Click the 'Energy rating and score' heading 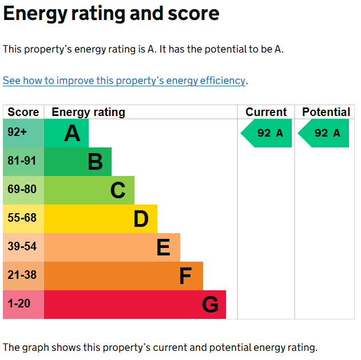[111, 14]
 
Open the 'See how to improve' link [124, 81]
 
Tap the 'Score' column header [23, 112]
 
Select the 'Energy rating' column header [88, 113]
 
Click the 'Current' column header [266, 112]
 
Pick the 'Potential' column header [326, 112]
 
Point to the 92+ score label [17, 132]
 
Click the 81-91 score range [22, 161]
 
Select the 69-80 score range [22, 189]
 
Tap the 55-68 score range [22, 218]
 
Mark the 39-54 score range [22, 246]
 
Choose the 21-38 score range [22, 275]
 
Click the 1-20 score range [19, 303]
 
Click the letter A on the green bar [72, 133]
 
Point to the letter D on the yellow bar [141, 219]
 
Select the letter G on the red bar [210, 305]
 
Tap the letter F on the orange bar [185, 276]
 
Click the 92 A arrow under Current [266, 133]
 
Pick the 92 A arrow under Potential [323, 133]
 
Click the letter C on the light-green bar [118, 190]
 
